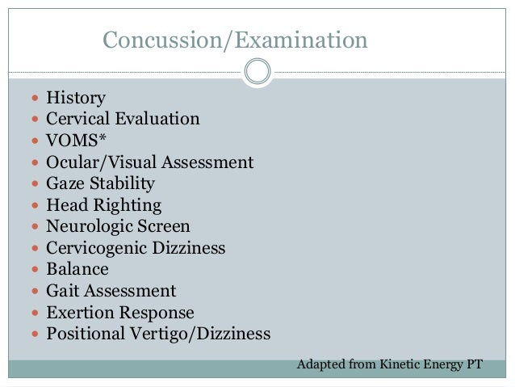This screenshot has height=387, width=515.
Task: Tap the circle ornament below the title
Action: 257,73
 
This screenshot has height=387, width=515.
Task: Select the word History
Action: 76,98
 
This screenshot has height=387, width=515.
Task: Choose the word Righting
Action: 128,205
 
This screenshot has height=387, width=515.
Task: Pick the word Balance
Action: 77,269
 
